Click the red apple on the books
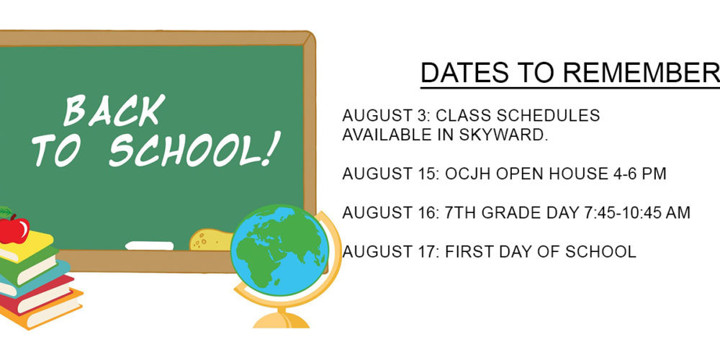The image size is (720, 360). click(13, 229)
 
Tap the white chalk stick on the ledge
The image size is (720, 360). click(149, 246)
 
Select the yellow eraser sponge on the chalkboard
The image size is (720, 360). click(210, 240)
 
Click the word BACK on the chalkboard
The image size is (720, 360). click(114, 110)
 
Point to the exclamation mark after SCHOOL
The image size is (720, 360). click(271, 148)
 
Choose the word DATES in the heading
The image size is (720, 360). click(464, 73)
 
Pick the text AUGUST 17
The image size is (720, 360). click(390, 252)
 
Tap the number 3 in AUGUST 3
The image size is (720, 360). click(422, 116)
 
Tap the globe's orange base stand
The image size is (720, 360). click(281, 320)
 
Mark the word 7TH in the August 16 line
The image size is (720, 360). click(459, 213)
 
